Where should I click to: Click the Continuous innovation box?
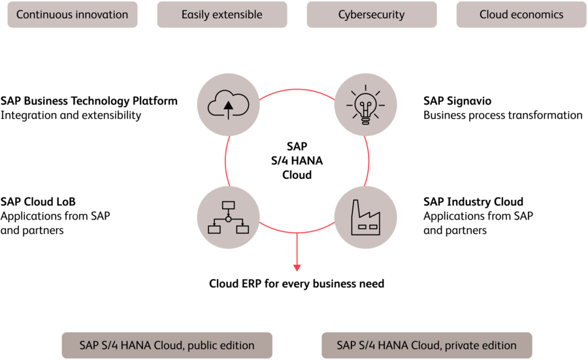click(72, 14)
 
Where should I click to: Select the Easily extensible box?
click(222, 14)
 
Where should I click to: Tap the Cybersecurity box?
click(371, 14)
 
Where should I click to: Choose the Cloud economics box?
click(521, 14)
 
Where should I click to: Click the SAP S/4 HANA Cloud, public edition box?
click(167, 345)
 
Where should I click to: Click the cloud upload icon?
click(228, 105)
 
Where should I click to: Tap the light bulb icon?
click(365, 105)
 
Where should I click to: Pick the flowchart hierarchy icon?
click(228, 218)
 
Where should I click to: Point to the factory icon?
click(365, 218)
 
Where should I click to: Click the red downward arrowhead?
click(297, 267)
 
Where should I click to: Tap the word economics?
click(539, 14)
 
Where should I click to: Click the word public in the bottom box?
click(203, 345)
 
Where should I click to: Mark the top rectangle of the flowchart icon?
click(228, 206)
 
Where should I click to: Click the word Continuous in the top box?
click(44, 14)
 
